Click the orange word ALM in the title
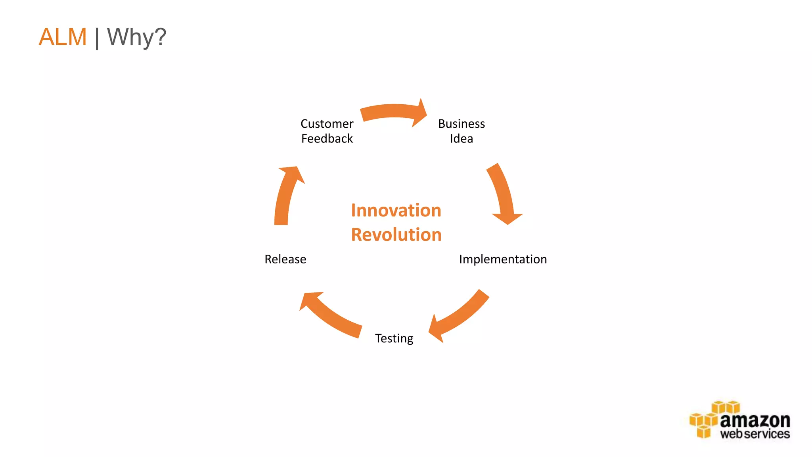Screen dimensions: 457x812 [63, 37]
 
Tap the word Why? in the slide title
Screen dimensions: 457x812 [136, 37]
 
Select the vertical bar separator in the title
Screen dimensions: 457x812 [97, 38]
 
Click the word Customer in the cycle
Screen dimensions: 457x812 [327, 124]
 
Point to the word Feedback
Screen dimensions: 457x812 [327, 139]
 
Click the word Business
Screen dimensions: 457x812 [462, 124]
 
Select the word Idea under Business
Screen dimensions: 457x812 [461, 139]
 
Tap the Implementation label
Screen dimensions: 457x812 [503, 259]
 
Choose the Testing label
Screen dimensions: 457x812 [394, 338]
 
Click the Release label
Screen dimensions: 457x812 [285, 259]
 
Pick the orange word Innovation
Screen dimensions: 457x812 [396, 210]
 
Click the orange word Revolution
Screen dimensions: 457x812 [396, 235]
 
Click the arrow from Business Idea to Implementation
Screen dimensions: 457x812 [504, 194]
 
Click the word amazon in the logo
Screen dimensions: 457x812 [755, 421]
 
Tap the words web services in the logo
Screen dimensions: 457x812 [755, 434]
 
